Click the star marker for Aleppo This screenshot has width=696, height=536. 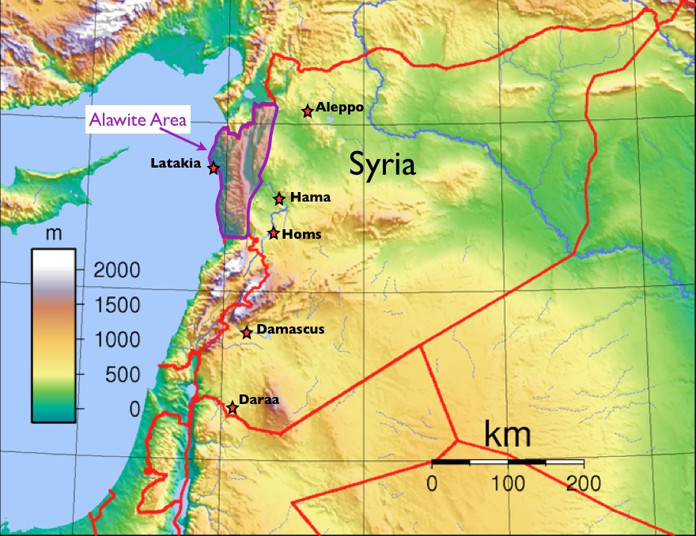308,111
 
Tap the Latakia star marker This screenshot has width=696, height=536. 213,168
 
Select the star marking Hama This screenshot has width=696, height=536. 279,198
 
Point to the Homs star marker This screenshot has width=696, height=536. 274,233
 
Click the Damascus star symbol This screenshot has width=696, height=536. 247,333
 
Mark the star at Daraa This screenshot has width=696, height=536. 232,408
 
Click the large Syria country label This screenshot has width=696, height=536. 383,165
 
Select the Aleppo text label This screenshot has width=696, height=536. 339,107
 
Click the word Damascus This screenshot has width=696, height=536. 290,329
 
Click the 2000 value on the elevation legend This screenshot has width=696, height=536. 116,270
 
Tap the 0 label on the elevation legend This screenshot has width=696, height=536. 134,409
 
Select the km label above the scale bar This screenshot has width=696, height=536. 506,436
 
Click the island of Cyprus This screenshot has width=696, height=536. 47,194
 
